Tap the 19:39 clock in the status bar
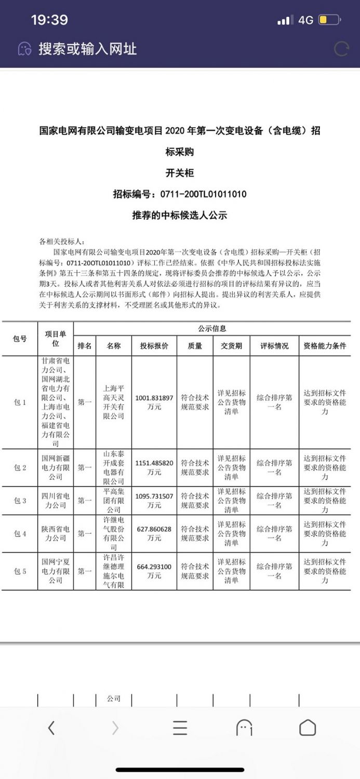(49, 20)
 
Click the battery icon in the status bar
(329, 20)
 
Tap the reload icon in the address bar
(341, 49)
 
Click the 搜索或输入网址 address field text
(87, 49)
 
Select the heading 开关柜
(179, 173)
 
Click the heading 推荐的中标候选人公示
(179, 215)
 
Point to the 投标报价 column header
(154, 346)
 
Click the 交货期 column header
(231, 346)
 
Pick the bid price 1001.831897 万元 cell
(154, 402)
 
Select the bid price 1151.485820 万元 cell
(154, 467)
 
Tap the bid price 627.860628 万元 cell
(154, 533)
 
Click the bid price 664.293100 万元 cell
(154, 571)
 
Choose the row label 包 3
(20, 501)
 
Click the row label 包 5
(20, 571)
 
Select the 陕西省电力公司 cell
(55, 533)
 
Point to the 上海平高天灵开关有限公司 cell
(114, 402)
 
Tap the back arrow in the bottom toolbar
(51, 728)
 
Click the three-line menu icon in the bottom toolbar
(180, 728)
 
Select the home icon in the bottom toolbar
(308, 728)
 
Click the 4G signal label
(305, 20)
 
